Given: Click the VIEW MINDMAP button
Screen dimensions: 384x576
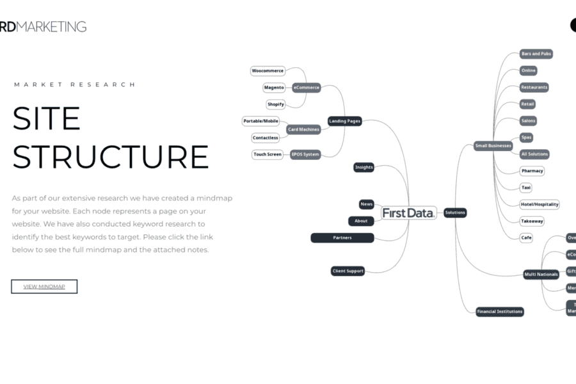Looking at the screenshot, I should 44,287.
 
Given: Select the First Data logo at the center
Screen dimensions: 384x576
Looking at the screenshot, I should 409,213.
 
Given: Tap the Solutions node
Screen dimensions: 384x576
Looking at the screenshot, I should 455,212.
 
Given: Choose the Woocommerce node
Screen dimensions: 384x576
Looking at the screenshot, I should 268,71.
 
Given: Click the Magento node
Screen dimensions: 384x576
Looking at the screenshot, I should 274,88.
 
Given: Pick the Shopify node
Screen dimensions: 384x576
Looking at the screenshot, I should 276,104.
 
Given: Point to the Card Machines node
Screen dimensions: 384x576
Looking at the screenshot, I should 303,129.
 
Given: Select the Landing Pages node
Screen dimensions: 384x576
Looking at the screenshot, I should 345,121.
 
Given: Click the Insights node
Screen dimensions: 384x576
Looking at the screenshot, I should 364,168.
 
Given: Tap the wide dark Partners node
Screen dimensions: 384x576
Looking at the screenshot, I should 342,238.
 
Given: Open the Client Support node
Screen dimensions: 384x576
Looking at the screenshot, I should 348,271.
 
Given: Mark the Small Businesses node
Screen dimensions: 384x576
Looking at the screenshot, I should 493,146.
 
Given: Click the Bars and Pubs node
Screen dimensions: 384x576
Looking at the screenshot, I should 536,54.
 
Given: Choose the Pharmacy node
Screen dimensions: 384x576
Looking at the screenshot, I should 532,171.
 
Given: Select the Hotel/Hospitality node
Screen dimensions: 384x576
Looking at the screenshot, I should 540,205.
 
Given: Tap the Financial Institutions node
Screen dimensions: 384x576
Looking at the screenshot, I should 500,312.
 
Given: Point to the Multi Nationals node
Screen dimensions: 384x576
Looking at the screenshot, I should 541,275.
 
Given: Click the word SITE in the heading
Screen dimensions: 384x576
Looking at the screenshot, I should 47,119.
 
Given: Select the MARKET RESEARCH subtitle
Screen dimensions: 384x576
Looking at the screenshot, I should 75,84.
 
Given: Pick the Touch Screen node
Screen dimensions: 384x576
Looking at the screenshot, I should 268,154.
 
